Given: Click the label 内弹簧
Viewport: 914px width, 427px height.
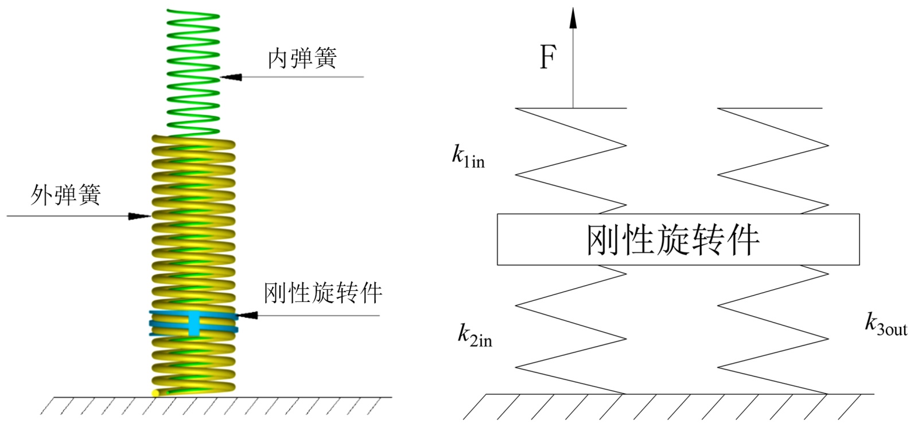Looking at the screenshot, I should click(x=302, y=59).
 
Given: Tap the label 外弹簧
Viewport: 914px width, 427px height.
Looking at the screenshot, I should click(x=65, y=195).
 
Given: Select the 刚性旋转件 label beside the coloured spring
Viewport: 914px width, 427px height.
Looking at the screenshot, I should click(x=323, y=293).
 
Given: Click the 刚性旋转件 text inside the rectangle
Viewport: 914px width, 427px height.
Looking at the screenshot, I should click(x=672, y=239).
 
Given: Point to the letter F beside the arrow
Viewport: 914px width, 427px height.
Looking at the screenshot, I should click(x=547, y=58).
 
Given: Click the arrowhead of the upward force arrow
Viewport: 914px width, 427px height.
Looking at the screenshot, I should click(x=572, y=17).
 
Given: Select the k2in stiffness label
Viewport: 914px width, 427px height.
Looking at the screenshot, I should click(x=474, y=335).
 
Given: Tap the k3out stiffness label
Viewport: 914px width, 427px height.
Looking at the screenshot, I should click(x=885, y=325).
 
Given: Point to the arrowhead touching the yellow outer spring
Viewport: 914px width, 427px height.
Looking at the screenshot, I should click(x=140, y=216).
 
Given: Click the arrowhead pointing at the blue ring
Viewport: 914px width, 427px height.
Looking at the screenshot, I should click(x=248, y=315).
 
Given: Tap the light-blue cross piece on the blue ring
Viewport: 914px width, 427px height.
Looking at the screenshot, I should click(x=195, y=323).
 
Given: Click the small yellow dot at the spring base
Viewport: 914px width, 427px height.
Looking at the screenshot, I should click(x=155, y=393).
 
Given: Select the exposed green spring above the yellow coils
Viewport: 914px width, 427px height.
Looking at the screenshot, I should click(x=193, y=69).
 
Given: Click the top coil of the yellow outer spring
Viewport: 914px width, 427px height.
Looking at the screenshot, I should click(x=193, y=141).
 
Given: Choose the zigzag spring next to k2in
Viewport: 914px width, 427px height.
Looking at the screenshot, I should click(x=571, y=330).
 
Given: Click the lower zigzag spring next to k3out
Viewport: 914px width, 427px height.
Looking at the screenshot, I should click(x=772, y=330).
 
